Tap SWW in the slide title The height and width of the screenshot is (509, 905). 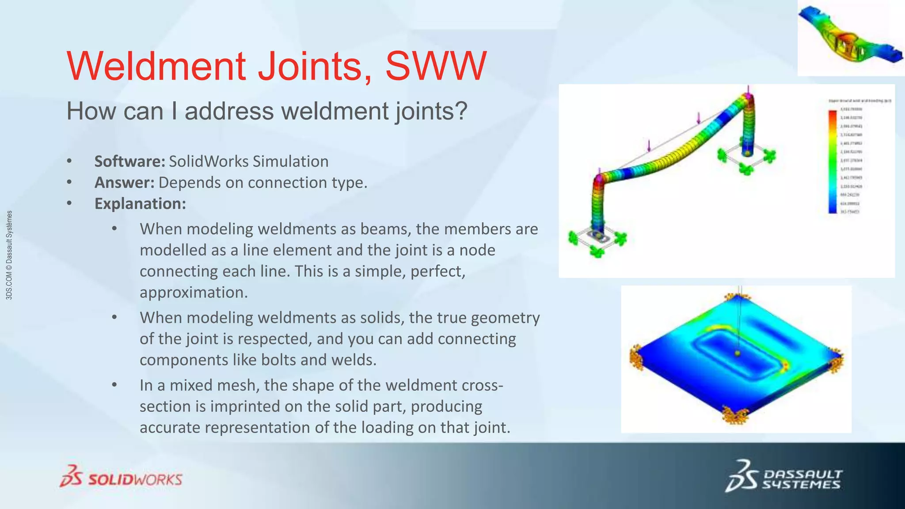[436, 66]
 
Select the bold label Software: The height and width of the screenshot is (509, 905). [129, 161]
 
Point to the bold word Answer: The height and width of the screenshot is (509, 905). [124, 182]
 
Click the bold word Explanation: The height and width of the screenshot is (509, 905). [140, 204]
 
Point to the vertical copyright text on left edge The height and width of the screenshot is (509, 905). [9, 255]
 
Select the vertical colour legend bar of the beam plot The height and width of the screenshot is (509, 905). [833, 162]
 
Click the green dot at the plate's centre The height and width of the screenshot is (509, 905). [737, 353]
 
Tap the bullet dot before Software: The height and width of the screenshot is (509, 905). [69, 162]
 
